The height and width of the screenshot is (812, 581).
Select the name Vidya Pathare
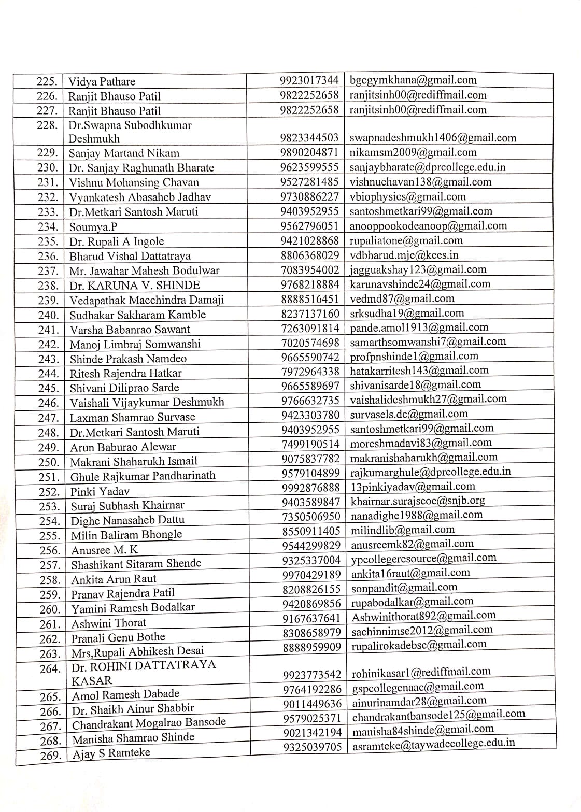coord(102,82)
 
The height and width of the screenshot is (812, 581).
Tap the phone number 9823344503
coord(309,138)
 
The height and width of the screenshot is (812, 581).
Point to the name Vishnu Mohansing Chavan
coord(134,182)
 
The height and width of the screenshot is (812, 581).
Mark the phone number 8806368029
coord(310,255)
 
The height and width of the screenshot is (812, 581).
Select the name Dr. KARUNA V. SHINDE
coord(135,285)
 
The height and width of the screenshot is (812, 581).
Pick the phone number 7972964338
coord(310,372)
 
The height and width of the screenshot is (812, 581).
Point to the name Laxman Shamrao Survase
coord(133,417)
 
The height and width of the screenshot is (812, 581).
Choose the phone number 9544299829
coord(311,546)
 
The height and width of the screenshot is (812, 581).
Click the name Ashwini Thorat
coord(109,623)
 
